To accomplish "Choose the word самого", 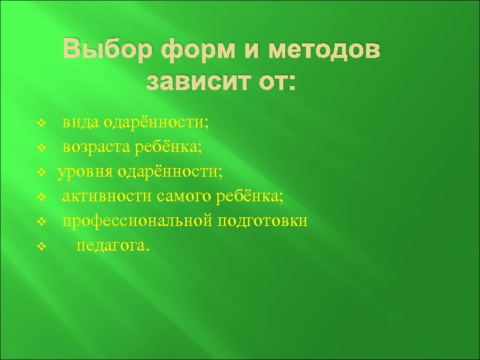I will (x=182, y=197).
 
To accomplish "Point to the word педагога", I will (x=113, y=246).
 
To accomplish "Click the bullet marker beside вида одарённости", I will (x=41, y=123).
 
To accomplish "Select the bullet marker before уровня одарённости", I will (x=41, y=173).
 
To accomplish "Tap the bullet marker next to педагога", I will (x=41, y=247).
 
